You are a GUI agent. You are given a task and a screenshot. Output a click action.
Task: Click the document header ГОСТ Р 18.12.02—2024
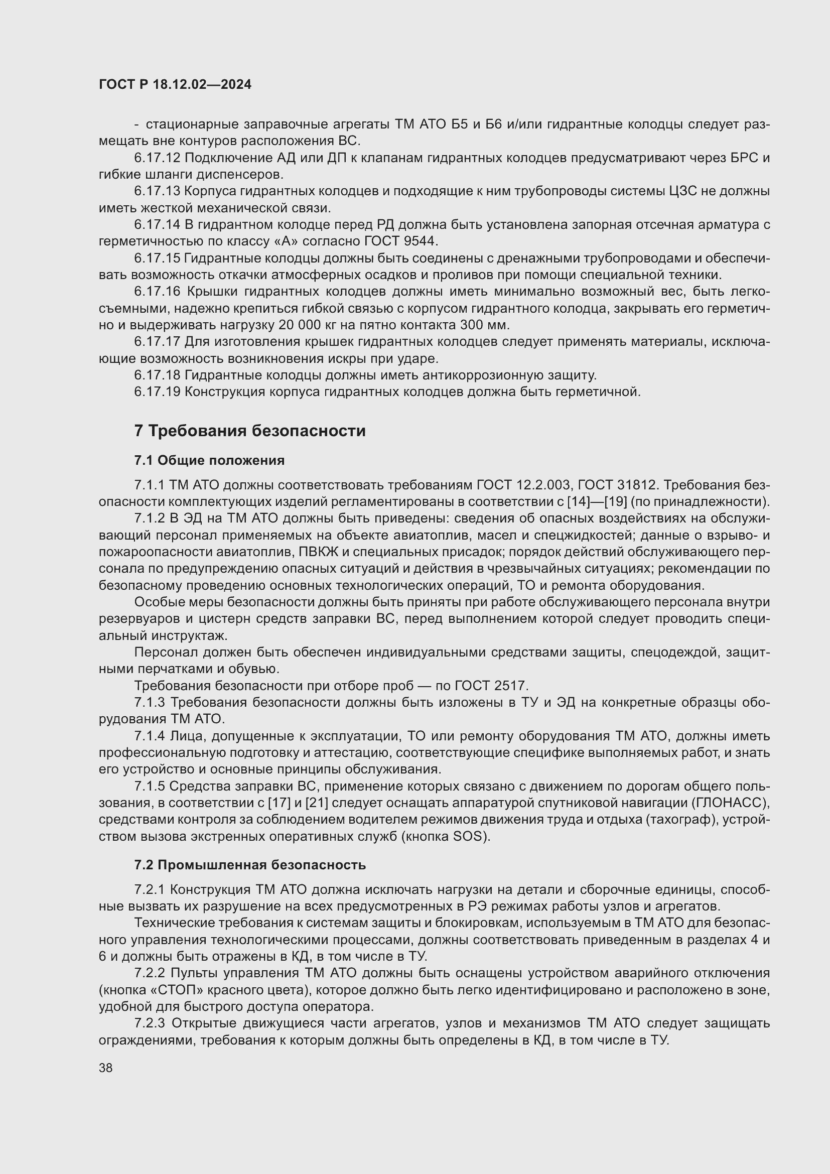point(175,85)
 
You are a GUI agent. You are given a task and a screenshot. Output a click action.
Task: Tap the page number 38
point(106,1068)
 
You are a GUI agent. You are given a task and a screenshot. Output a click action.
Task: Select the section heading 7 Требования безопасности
point(250,431)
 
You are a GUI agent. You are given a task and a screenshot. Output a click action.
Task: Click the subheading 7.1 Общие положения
point(210,461)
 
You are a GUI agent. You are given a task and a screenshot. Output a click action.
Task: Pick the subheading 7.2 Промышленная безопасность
point(250,865)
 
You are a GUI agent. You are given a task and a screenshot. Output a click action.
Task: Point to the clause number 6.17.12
point(158,158)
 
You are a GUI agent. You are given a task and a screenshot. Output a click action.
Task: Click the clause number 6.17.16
point(158,292)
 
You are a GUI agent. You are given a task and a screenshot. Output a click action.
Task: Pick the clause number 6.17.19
point(158,392)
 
